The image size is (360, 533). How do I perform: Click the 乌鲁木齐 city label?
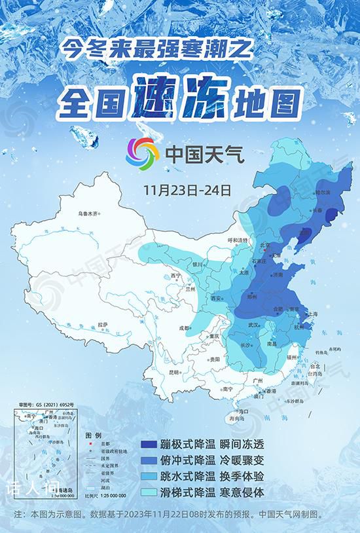[87, 213]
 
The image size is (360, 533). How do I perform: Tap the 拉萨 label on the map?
[102, 324]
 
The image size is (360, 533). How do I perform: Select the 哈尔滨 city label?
[323, 193]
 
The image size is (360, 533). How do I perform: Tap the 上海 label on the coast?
[314, 314]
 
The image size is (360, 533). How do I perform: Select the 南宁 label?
[228, 389]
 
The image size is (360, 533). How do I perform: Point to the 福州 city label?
[292, 358]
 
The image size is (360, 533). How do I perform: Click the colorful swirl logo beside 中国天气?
[143, 153]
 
